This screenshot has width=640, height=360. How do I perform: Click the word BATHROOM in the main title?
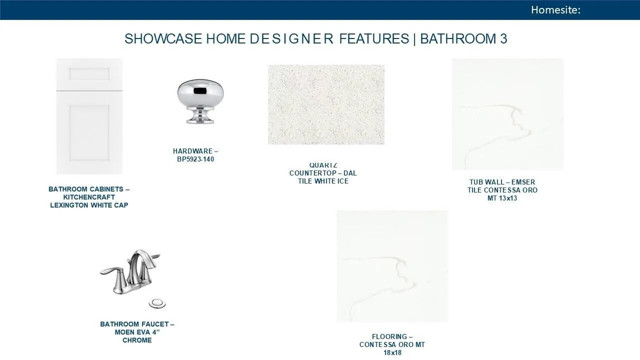457,38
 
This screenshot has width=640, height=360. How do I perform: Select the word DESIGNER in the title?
291,38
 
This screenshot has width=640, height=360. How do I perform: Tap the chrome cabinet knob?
200,101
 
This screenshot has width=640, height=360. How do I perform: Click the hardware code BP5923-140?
195,159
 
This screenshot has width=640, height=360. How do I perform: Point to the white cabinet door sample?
89,116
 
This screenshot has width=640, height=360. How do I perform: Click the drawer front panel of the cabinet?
89,74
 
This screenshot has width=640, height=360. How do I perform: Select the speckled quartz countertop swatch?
326,104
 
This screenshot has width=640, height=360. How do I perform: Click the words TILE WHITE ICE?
323,181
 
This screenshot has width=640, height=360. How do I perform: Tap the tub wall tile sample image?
507,114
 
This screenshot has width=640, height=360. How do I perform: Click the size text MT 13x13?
502,198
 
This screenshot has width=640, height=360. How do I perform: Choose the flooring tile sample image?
392,266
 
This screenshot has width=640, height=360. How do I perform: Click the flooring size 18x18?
392,352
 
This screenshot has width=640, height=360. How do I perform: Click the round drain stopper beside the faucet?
157,303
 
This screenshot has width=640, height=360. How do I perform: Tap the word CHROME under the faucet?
137,340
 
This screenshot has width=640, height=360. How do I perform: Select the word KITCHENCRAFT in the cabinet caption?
89,197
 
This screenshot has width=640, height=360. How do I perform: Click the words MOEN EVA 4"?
137,332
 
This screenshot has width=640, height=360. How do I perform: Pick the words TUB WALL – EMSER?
502,182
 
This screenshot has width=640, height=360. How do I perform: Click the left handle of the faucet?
111,272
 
